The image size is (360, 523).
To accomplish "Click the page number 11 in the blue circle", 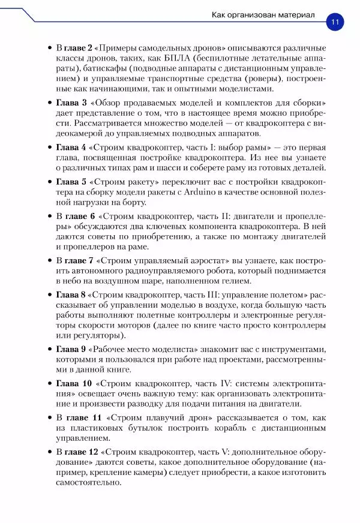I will (334, 22).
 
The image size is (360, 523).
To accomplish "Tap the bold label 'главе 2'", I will (79, 47).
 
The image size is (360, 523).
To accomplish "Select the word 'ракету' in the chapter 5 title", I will (137, 181).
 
